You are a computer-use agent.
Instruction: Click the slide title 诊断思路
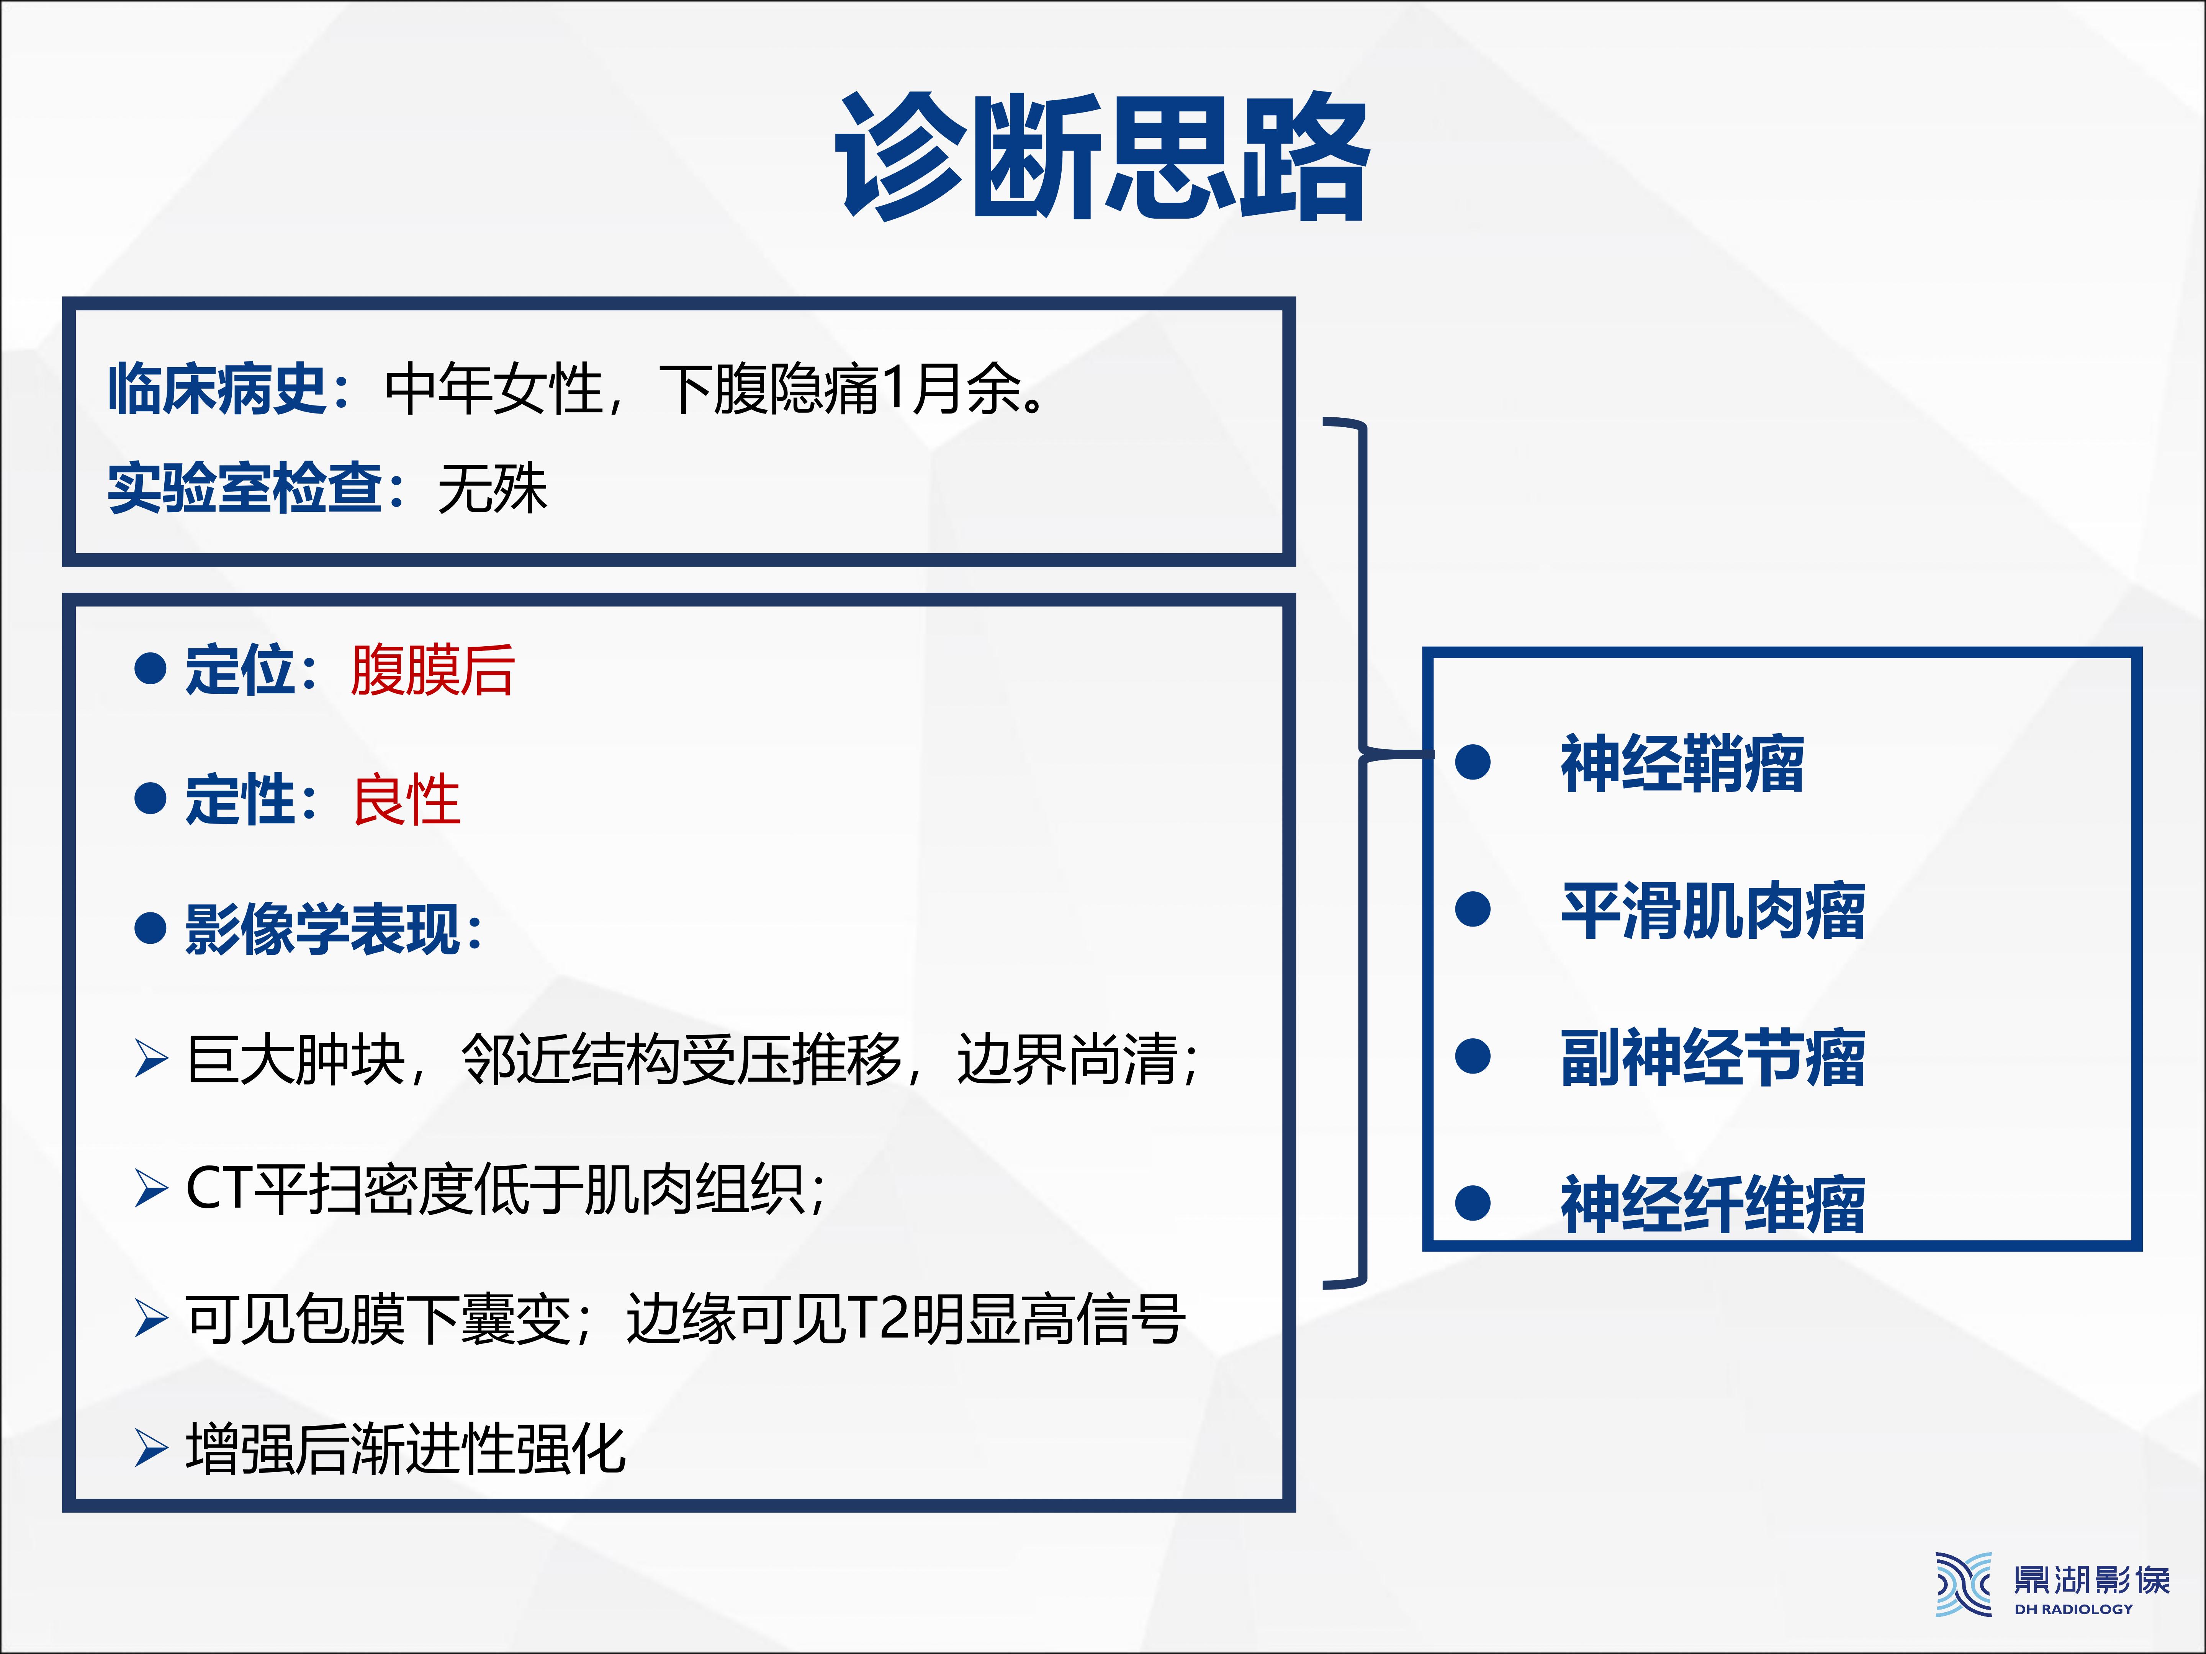pos(1102,157)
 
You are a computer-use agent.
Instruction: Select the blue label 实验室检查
pos(244,489)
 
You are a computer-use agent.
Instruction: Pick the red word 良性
pos(406,799)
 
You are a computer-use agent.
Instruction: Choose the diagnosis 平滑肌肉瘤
pos(1712,910)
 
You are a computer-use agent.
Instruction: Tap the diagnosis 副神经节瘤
pos(1712,1057)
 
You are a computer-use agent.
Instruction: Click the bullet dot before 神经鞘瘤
pos(1473,763)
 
